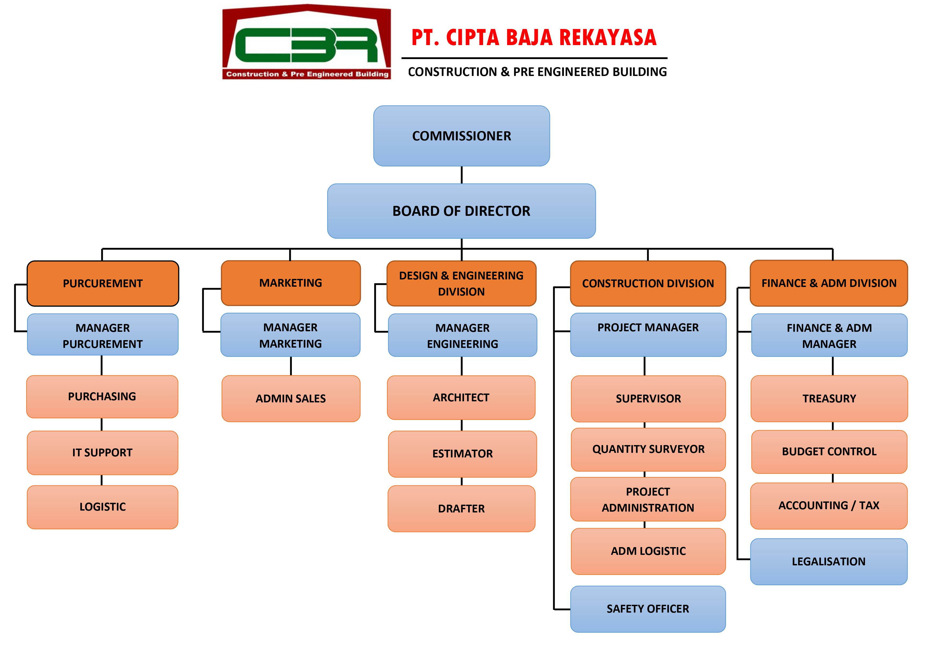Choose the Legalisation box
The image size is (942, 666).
tap(828, 561)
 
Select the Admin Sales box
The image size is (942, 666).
tap(291, 399)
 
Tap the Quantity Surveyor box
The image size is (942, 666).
tap(648, 449)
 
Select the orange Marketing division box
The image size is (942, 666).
tap(291, 283)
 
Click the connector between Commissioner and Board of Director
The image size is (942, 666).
tap(462, 175)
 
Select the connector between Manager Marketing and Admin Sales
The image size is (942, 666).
tap(291, 366)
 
